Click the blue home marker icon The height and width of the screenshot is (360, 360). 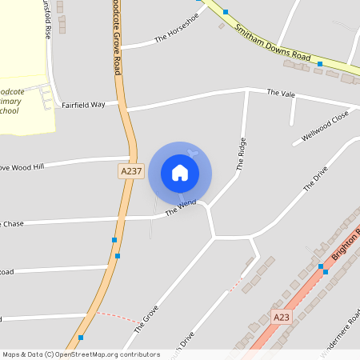point(180,173)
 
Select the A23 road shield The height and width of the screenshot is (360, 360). point(281,318)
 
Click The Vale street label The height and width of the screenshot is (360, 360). point(281,94)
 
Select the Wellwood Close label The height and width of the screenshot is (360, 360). point(326,128)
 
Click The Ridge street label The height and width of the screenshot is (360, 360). point(242,154)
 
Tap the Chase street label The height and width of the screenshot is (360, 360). point(13,224)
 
